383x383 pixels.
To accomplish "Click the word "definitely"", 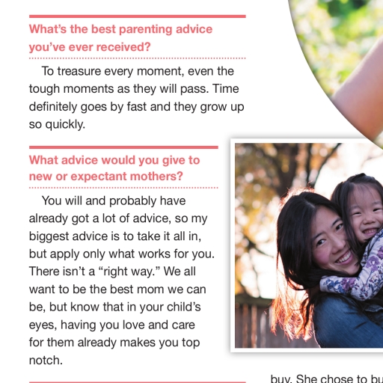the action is click(x=53, y=107).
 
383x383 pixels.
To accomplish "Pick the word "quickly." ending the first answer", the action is click(x=65, y=124).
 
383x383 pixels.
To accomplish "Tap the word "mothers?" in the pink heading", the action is click(x=156, y=177).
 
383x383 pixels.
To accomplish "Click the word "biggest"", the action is click(x=49, y=236).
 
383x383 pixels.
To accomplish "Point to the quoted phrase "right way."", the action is click(x=129, y=272).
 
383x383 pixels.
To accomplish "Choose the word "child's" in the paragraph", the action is click(x=184, y=307).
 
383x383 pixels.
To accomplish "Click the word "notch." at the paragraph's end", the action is click(x=46, y=361).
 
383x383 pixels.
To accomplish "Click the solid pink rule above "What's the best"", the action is click(x=138, y=16).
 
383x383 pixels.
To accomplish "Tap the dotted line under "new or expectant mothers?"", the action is click(x=123, y=188).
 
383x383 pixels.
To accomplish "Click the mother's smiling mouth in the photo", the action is click(x=345, y=258).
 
